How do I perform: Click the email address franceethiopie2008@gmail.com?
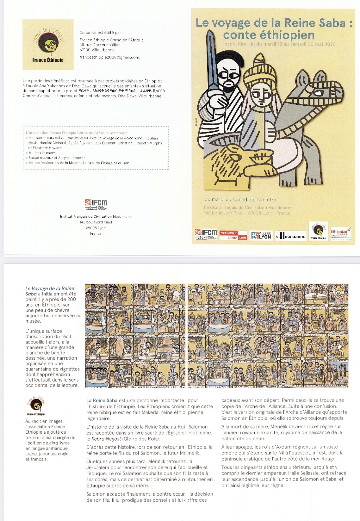coord(109,57)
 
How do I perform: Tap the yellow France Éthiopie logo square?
coord(48,45)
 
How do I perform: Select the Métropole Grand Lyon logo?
coord(233,235)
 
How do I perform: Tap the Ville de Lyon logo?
coord(261,235)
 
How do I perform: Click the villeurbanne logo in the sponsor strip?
coord(290,236)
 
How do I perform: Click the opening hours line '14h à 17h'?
coord(266,199)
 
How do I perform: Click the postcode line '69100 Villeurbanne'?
coord(97,50)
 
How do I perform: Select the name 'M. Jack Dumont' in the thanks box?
coord(42,153)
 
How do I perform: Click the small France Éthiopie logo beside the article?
coord(36,406)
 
